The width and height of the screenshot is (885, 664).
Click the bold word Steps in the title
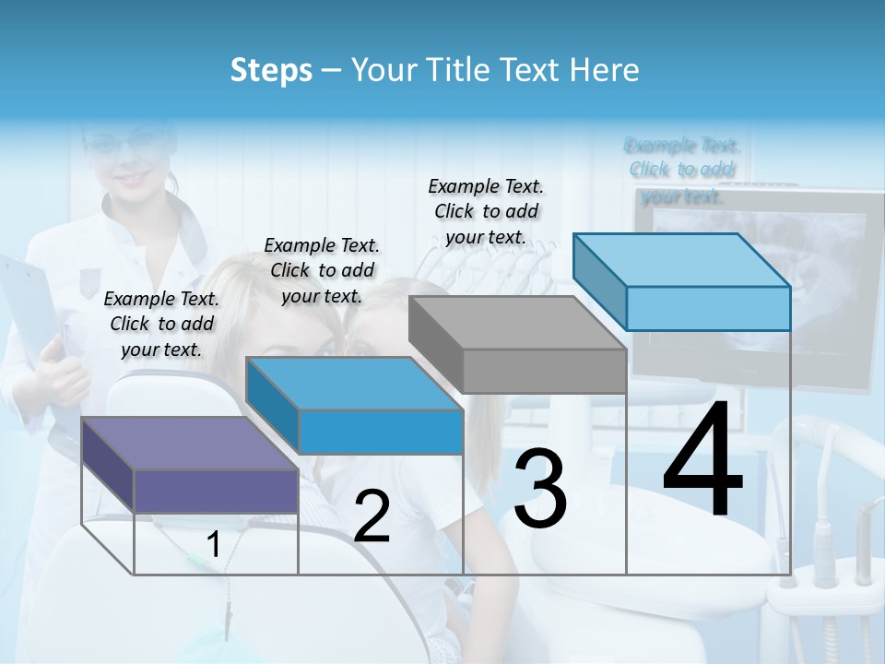pos(271,70)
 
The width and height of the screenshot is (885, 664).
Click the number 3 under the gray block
pos(540,489)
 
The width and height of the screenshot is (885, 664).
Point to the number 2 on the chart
pos(372,517)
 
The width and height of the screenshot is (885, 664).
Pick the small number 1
pos(214,545)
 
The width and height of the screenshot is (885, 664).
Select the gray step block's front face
pos(545,372)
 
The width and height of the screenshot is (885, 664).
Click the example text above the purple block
pos(161,324)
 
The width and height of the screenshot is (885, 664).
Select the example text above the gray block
pos(486,211)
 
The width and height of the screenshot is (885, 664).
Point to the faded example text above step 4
pos(682,170)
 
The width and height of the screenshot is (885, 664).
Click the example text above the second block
pos(322,270)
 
